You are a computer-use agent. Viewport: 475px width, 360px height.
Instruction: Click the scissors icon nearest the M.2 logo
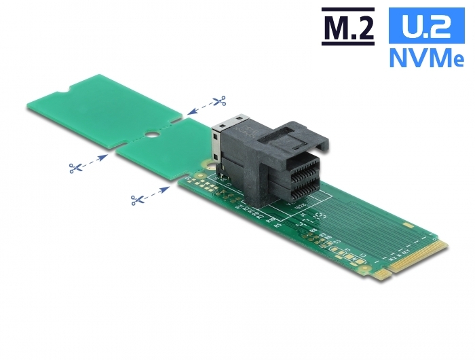tap(218, 101)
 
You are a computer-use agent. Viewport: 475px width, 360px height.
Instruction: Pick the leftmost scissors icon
tap(75, 166)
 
